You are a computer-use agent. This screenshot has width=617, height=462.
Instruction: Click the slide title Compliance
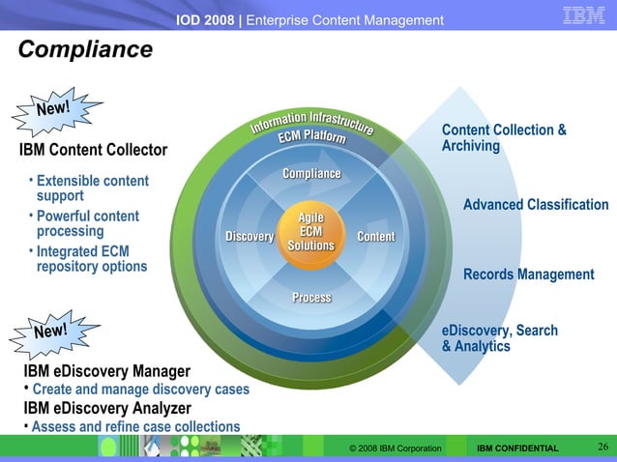(x=85, y=49)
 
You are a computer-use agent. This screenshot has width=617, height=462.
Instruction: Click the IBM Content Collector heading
(x=93, y=150)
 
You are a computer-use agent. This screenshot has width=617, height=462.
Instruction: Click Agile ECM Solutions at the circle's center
(x=310, y=232)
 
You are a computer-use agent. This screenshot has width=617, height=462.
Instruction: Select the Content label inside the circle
(x=375, y=237)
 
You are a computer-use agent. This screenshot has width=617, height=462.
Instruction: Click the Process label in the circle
(x=311, y=298)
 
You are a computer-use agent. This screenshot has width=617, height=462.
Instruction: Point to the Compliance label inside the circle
(x=311, y=174)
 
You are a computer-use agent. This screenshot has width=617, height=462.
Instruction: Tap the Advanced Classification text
(x=536, y=205)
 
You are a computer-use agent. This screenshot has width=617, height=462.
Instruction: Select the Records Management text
(x=528, y=274)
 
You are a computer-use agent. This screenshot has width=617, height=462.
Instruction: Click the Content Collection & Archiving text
(x=503, y=138)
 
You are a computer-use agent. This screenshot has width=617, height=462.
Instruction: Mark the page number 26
(x=602, y=447)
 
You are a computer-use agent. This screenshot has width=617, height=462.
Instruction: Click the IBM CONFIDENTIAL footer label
(x=517, y=448)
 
